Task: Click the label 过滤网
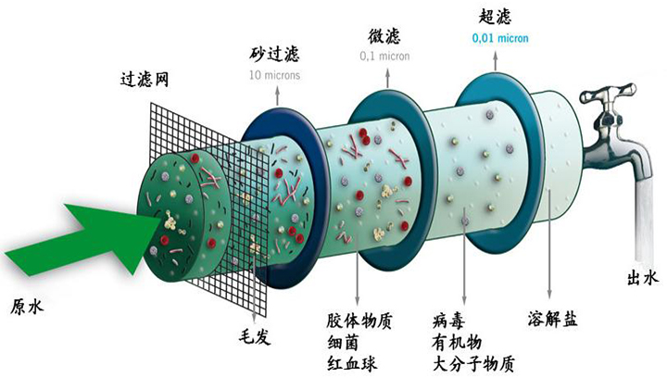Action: (145, 79)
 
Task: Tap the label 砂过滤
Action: (274, 53)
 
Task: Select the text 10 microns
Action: (274, 75)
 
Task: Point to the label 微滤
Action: (384, 35)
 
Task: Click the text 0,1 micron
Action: (385, 57)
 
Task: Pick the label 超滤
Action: (495, 16)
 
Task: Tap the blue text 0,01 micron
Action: (500, 38)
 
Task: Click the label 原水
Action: (27, 307)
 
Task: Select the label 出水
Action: (642, 278)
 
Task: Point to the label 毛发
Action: (255, 336)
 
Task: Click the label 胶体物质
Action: (359, 321)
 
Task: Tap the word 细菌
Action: (343, 342)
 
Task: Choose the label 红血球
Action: (351, 364)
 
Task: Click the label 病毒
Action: (448, 321)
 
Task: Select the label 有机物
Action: (457, 342)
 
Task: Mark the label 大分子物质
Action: (473, 364)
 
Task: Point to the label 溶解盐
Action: (552, 319)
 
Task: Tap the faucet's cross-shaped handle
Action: (609, 94)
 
